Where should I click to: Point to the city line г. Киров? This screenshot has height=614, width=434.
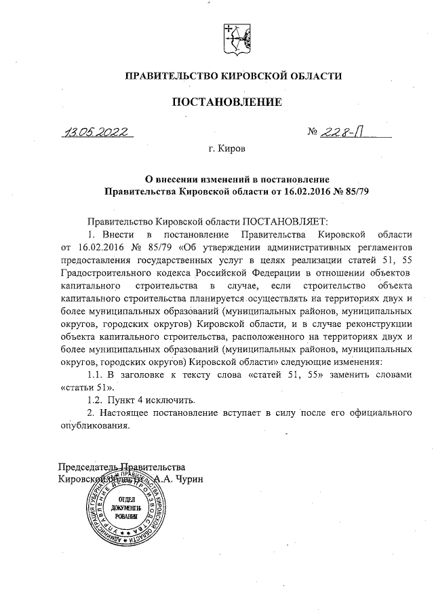tap(226, 147)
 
